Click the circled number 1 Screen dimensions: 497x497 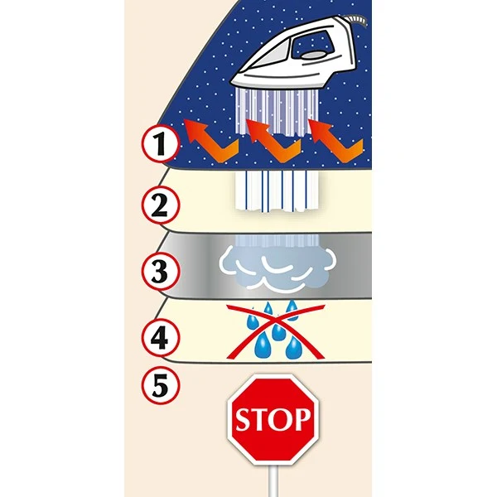pos(161,144)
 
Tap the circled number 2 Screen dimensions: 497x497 pos(161,205)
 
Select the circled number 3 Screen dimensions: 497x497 pos(161,272)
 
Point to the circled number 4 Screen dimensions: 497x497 pos(161,338)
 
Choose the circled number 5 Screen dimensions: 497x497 pos(161,384)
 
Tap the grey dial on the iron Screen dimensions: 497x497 pos(313,55)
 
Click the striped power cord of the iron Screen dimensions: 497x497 pos(356,21)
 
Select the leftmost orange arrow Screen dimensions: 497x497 pos(210,141)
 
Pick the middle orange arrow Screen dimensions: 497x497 pos(274,141)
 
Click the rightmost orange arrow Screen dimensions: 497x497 pos(336,141)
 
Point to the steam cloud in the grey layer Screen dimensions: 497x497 pos(277,268)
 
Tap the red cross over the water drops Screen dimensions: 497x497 pos(276,331)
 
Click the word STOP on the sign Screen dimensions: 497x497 pos(273,418)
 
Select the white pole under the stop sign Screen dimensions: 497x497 pos(273,480)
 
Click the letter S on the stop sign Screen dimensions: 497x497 pos(244,419)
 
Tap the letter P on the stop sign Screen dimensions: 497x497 pos(302,418)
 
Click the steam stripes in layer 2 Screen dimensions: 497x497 pos(277,191)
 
